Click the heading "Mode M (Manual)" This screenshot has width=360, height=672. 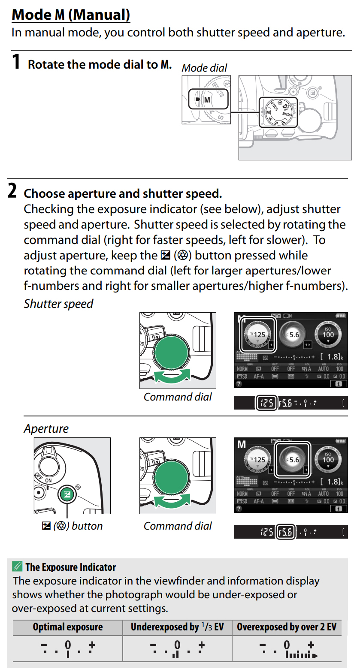click(71, 15)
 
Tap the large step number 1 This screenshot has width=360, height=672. click(16, 62)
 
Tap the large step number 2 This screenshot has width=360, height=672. click(13, 191)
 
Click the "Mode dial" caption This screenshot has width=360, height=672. click(204, 68)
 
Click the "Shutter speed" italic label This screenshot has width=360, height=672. click(58, 304)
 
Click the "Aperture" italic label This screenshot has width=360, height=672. click(46, 428)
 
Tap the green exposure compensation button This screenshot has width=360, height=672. click(67, 495)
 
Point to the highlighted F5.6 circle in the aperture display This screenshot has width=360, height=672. click(292, 459)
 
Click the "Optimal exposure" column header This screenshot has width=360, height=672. click(68, 627)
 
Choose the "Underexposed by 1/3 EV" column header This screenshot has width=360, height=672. click(177, 627)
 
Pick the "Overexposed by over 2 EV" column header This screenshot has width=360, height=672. click(287, 627)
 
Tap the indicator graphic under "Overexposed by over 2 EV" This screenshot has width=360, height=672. click(287, 649)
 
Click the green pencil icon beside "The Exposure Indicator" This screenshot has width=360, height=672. click(18, 567)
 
